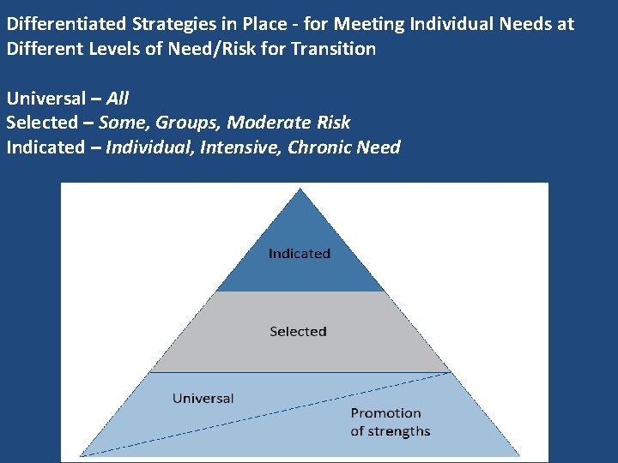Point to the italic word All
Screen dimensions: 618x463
(x=118, y=99)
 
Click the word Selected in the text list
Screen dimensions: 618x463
(x=41, y=123)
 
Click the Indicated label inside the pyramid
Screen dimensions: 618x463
(x=299, y=254)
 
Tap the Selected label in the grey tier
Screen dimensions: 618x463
(x=298, y=331)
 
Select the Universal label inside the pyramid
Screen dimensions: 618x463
(x=203, y=398)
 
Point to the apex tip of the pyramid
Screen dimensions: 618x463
(x=298, y=189)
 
